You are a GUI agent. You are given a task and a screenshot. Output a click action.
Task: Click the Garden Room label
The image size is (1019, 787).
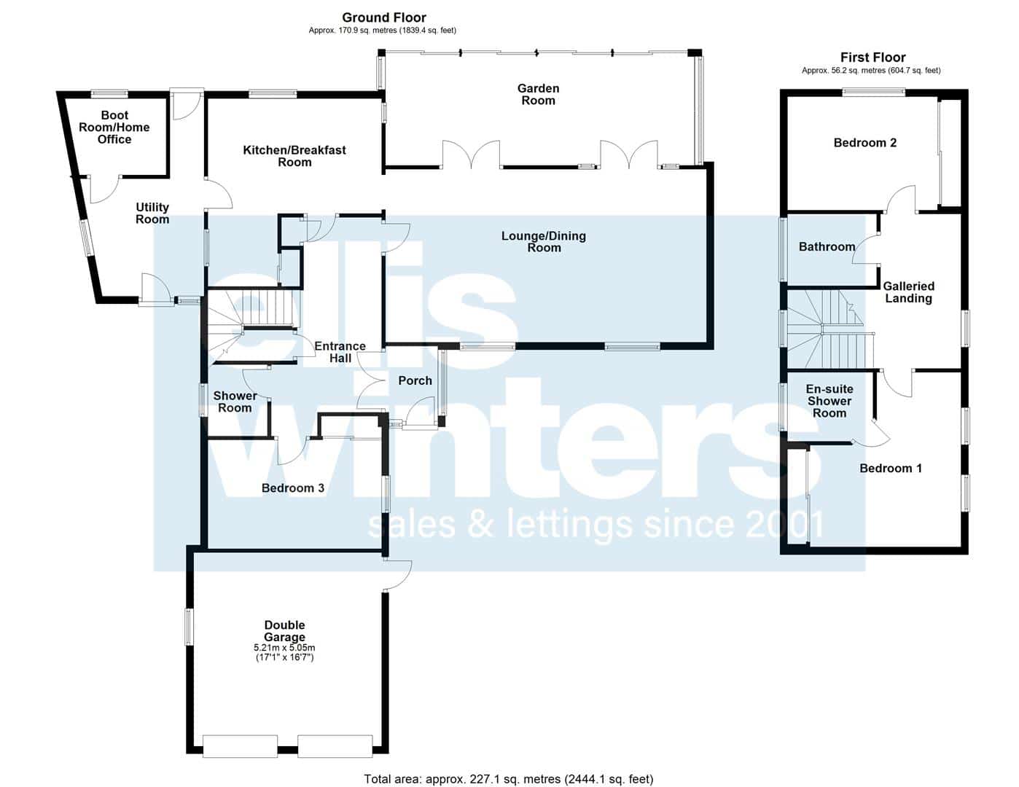click(538, 94)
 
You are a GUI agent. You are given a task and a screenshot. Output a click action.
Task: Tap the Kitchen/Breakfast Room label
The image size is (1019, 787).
click(294, 156)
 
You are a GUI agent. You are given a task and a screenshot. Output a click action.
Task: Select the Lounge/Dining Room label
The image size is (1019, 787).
click(544, 241)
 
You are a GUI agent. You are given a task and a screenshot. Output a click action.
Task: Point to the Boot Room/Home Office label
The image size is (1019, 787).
click(114, 127)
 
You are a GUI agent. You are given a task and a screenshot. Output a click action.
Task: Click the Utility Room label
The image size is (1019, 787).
click(152, 214)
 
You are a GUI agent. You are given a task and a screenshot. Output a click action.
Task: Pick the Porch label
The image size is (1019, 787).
click(415, 380)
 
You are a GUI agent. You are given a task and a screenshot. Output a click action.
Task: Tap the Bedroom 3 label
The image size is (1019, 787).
click(292, 488)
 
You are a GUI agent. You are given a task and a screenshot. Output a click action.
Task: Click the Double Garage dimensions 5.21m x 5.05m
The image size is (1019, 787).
click(284, 647)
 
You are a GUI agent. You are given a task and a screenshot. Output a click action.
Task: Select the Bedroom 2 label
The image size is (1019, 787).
click(864, 143)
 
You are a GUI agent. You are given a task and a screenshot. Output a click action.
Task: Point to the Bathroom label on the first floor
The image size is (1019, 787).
click(827, 246)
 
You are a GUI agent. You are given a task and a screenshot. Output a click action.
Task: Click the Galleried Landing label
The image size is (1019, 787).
click(908, 292)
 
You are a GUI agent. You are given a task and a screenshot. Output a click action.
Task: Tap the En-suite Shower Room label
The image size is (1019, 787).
click(829, 401)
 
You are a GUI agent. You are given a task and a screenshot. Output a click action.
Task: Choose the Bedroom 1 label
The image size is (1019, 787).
click(891, 469)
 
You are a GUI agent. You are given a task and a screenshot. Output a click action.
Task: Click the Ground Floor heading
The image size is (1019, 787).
click(384, 17)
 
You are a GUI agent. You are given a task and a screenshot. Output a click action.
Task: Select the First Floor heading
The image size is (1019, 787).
click(872, 57)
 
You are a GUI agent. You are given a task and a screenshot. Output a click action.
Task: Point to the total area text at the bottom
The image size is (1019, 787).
click(508, 779)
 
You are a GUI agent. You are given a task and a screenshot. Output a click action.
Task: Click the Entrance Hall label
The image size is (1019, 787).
click(340, 352)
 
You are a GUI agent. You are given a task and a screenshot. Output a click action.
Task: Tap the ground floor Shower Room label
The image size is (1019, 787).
click(235, 402)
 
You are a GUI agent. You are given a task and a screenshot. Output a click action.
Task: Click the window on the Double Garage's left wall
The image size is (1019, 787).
click(189, 627)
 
